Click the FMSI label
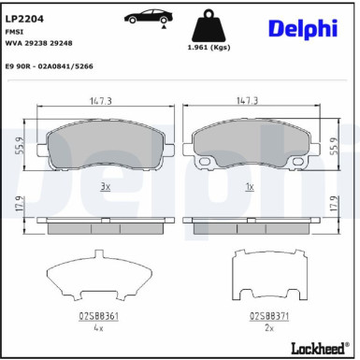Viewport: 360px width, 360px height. [x=17, y=31]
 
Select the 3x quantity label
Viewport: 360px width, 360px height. [x=105, y=187]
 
